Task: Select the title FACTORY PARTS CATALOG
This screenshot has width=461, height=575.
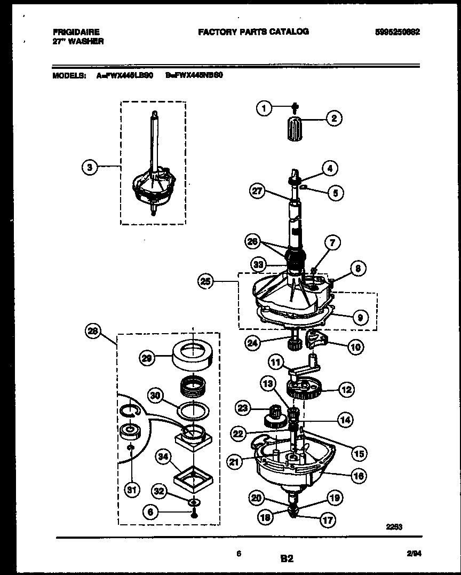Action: click(253, 31)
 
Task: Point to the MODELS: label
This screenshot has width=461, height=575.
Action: click(69, 76)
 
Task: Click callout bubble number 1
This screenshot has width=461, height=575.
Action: click(263, 108)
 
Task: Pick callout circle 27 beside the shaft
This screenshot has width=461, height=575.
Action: click(258, 191)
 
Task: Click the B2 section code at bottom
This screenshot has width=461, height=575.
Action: click(287, 559)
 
